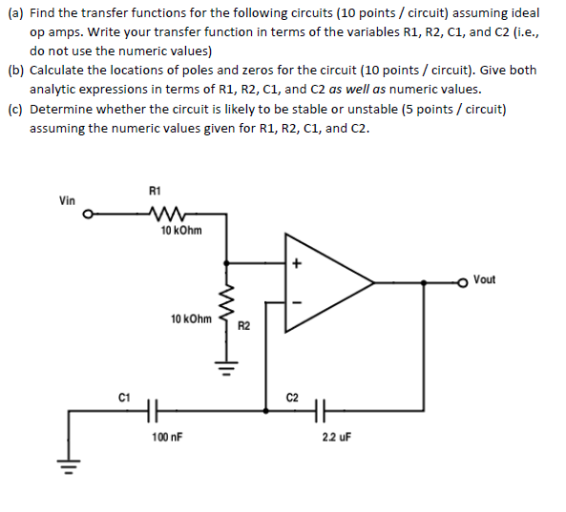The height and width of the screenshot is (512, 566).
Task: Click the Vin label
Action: pyautogui.click(x=67, y=200)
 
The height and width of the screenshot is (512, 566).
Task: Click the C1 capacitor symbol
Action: pyautogui.click(x=153, y=412)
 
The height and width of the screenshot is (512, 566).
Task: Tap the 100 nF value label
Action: pyautogui.click(x=167, y=437)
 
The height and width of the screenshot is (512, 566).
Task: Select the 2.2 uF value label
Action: pyautogui.click(x=337, y=437)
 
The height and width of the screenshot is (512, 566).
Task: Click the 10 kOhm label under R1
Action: pyautogui.click(x=181, y=231)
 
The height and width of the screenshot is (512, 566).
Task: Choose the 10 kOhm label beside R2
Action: pyautogui.click(x=191, y=317)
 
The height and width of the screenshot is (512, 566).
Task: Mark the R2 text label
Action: pyautogui.click(x=244, y=327)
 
